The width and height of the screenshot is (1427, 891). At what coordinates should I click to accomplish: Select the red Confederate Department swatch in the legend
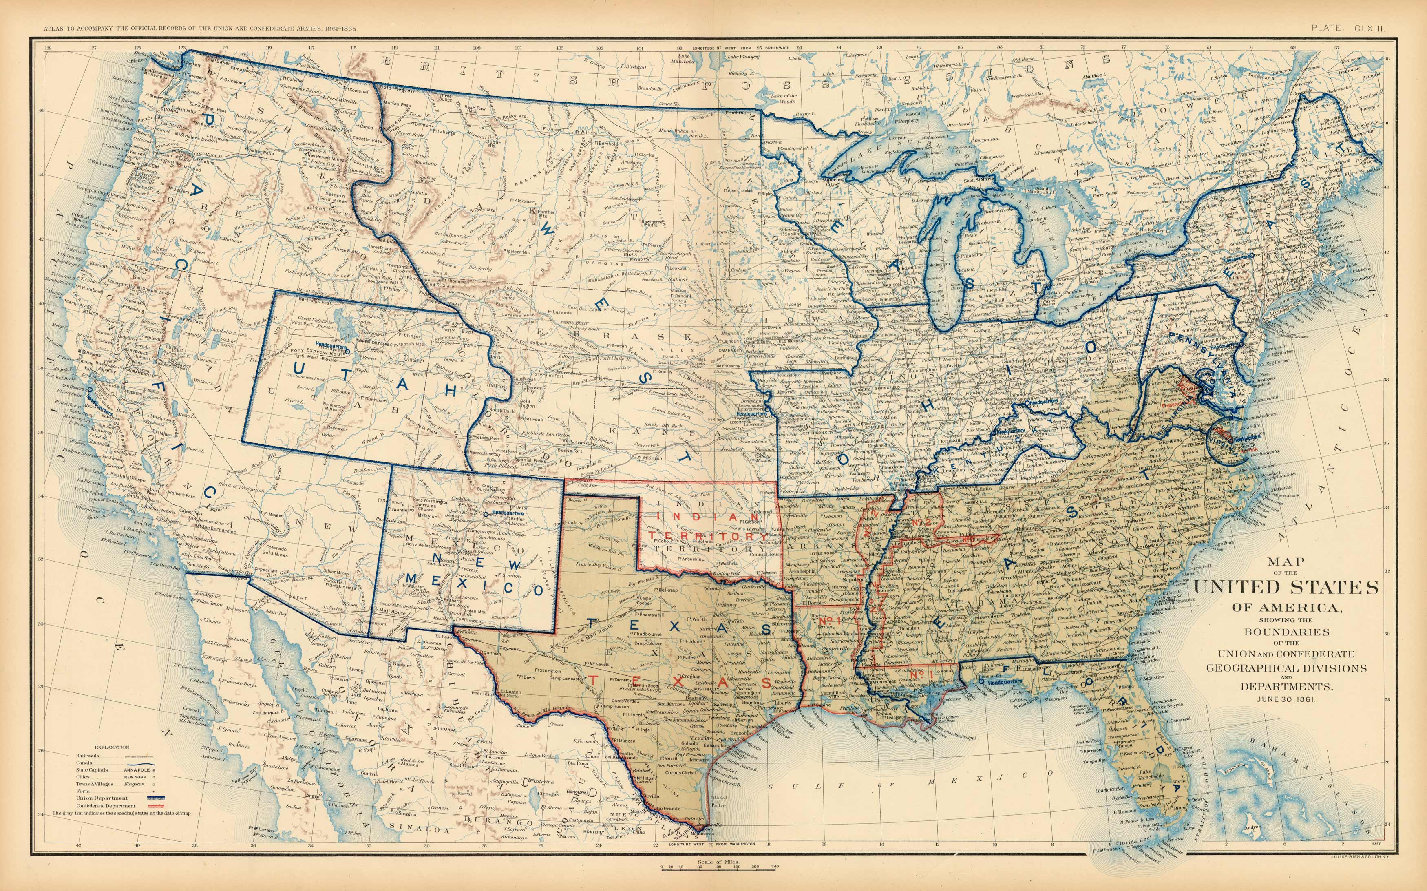pos(139,805)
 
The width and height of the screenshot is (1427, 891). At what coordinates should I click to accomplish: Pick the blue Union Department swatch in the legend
pos(139,798)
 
